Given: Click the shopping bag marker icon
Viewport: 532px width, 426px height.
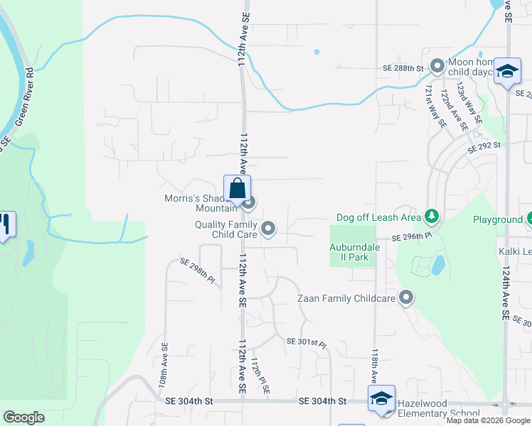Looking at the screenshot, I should [237, 190].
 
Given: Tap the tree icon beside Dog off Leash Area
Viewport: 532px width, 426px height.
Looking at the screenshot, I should [431, 215].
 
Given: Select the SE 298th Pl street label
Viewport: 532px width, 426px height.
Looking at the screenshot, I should [197, 270].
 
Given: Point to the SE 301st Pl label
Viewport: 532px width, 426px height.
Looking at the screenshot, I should [306, 343].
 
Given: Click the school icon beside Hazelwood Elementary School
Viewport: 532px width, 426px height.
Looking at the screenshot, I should [381, 398].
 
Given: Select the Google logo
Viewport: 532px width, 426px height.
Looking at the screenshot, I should [23, 417].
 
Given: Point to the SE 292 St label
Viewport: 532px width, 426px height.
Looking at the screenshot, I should [484, 147].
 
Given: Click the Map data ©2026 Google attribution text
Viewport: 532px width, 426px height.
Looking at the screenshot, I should [487, 420].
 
